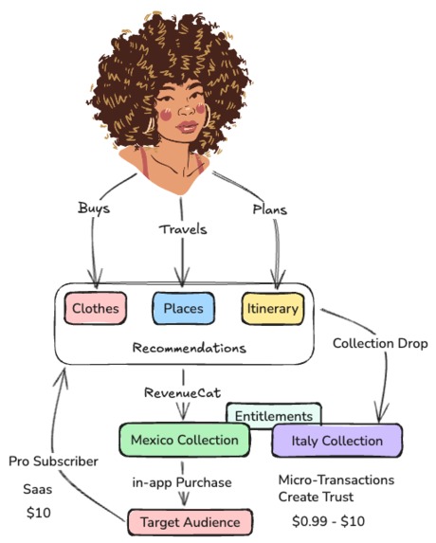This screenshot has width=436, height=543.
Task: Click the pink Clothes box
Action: [96, 308]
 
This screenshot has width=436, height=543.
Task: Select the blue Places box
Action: [184, 308]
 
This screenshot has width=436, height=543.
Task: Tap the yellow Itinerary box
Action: [273, 309]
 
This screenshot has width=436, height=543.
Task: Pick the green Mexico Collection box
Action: [184, 440]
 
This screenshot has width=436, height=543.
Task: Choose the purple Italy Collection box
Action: [337, 441]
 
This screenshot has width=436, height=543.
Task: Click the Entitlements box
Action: [274, 415]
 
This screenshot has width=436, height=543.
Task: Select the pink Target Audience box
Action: [191, 522]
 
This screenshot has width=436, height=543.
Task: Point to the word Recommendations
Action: [189, 348]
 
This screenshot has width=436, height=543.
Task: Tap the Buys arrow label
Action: [94, 208]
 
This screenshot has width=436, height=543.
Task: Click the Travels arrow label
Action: [183, 229]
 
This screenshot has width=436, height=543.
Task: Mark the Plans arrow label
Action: [270, 209]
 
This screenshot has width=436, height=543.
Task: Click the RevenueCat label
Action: [183, 392]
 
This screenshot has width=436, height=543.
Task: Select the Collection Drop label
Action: [380, 343]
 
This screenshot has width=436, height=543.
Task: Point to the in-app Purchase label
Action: [182, 482]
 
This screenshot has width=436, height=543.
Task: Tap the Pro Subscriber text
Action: [53, 462]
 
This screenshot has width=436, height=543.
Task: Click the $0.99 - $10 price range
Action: [328, 521]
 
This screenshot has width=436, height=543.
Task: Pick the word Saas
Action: [37, 489]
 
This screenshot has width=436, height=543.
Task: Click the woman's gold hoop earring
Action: [208, 116]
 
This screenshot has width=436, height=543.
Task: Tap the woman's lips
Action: [187, 127]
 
